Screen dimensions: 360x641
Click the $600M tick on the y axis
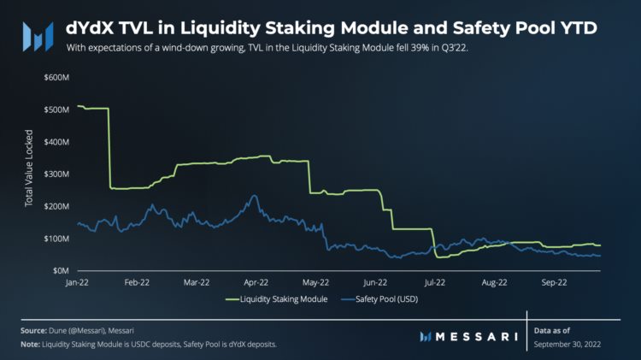pyautogui.click(x=56, y=78)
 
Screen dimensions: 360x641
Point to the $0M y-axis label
pyautogui.click(x=60, y=270)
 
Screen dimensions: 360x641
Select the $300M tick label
pyautogui.click(x=56, y=174)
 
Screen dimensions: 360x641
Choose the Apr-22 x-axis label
pyautogui.click(x=256, y=281)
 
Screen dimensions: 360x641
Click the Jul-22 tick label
pyautogui.click(x=435, y=281)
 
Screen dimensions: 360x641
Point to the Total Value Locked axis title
pyautogui.click(x=28, y=174)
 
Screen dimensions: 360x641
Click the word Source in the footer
pyautogui.click(x=35, y=329)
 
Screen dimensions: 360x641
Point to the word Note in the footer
pyautogui.click(x=32, y=344)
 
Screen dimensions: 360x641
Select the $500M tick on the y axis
pyautogui.click(x=56, y=109)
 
